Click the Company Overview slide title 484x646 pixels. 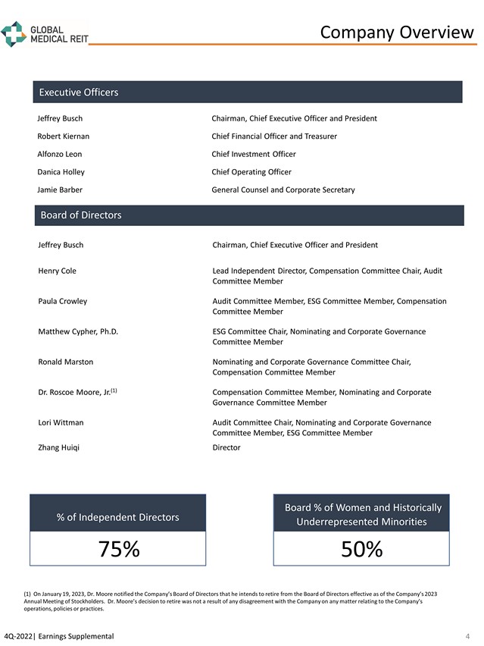click(396, 32)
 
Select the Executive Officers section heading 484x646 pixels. click(79, 93)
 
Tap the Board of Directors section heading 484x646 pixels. click(80, 215)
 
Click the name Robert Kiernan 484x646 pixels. click(64, 136)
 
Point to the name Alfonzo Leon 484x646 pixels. click(60, 154)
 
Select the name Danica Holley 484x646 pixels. click(61, 172)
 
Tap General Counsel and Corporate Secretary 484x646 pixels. click(283, 190)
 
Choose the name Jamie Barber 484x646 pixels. click(60, 190)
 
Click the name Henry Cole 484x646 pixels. click(57, 271)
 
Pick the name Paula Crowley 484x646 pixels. click(62, 301)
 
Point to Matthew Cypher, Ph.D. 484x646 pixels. click(78, 331)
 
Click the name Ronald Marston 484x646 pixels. click(66, 362)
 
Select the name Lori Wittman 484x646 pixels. click(61, 422)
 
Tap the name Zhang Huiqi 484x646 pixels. click(58, 447)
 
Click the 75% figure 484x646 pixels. click(118, 549)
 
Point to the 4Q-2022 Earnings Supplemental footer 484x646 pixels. click(59, 635)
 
